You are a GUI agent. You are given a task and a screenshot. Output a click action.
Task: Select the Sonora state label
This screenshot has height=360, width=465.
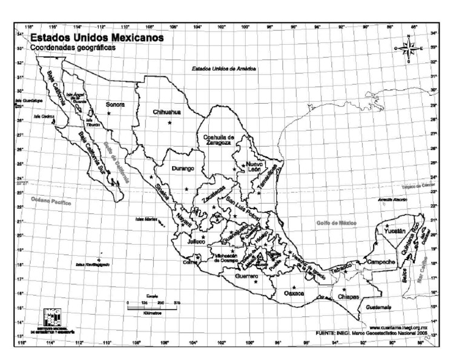(x=115, y=104)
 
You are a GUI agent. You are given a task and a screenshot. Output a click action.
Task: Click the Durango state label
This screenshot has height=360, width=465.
(x=182, y=168)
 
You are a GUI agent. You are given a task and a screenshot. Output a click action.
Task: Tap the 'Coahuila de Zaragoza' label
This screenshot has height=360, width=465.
(x=218, y=140)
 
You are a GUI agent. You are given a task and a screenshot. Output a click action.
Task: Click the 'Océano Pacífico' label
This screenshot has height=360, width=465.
(x=51, y=201)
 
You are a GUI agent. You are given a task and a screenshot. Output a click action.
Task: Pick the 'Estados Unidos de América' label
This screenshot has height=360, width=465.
(x=224, y=69)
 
